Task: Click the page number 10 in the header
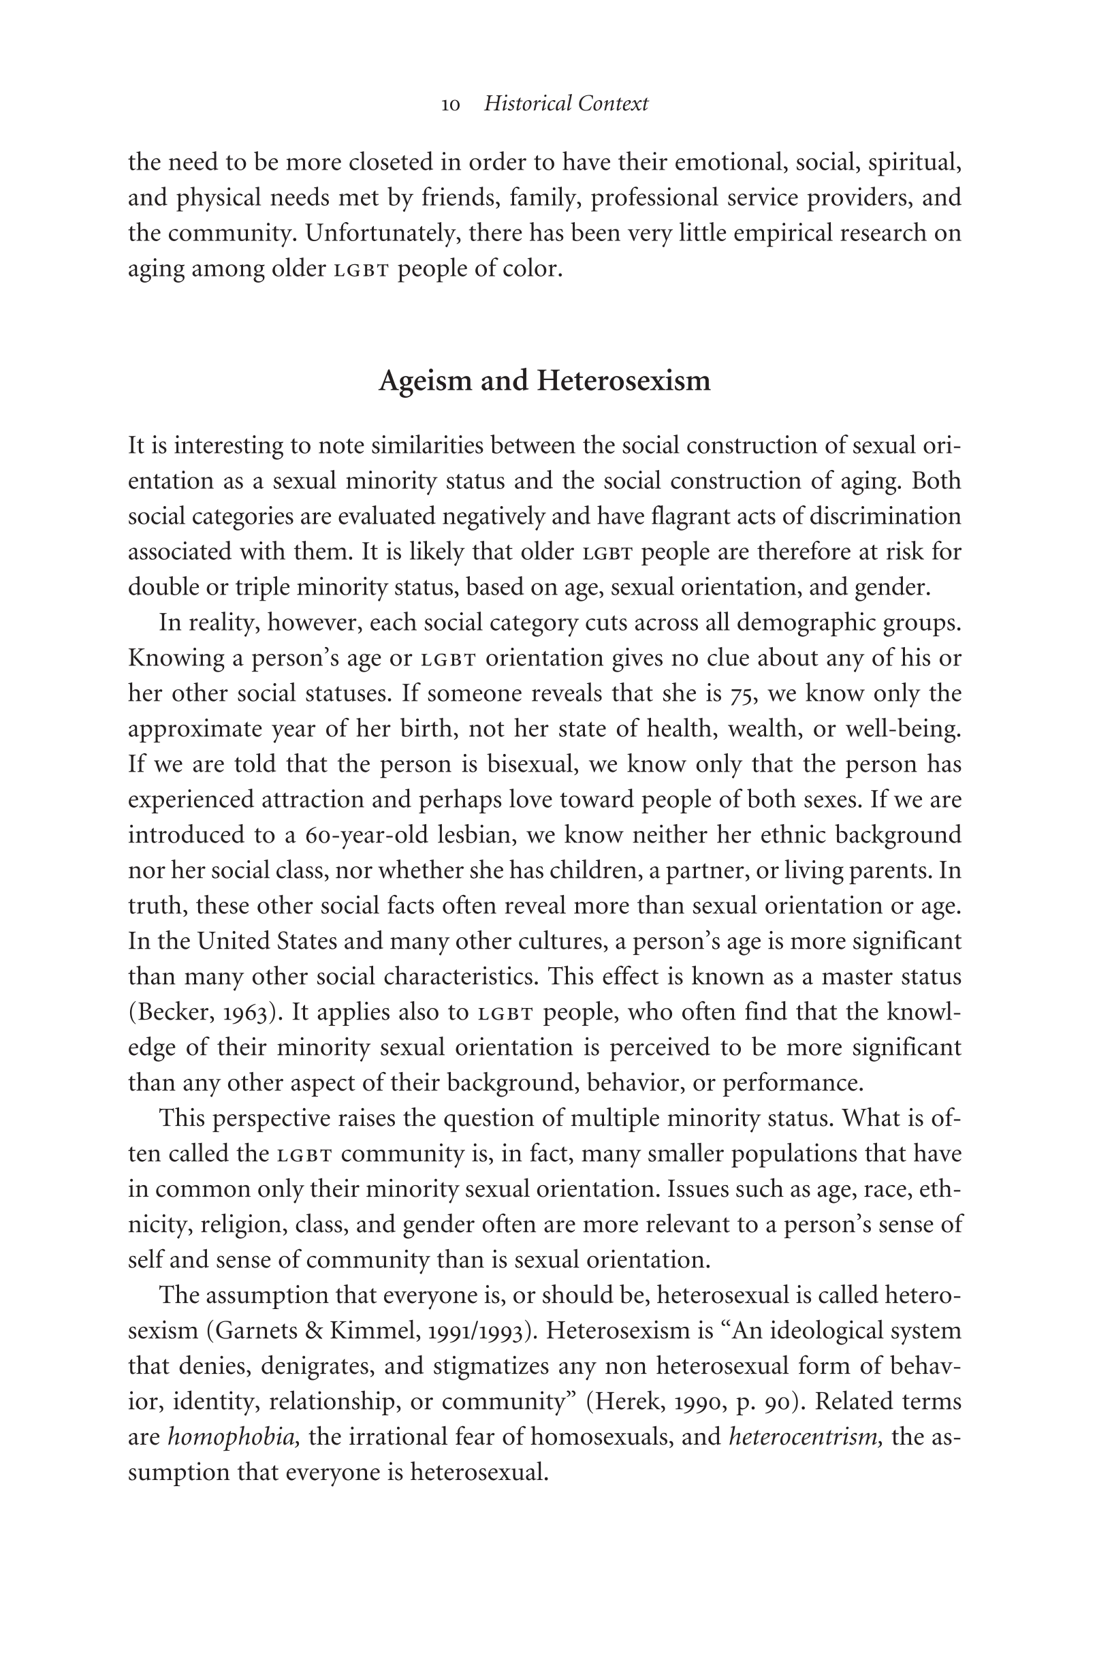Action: pyautogui.click(x=450, y=105)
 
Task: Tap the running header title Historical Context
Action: pyautogui.click(x=565, y=104)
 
